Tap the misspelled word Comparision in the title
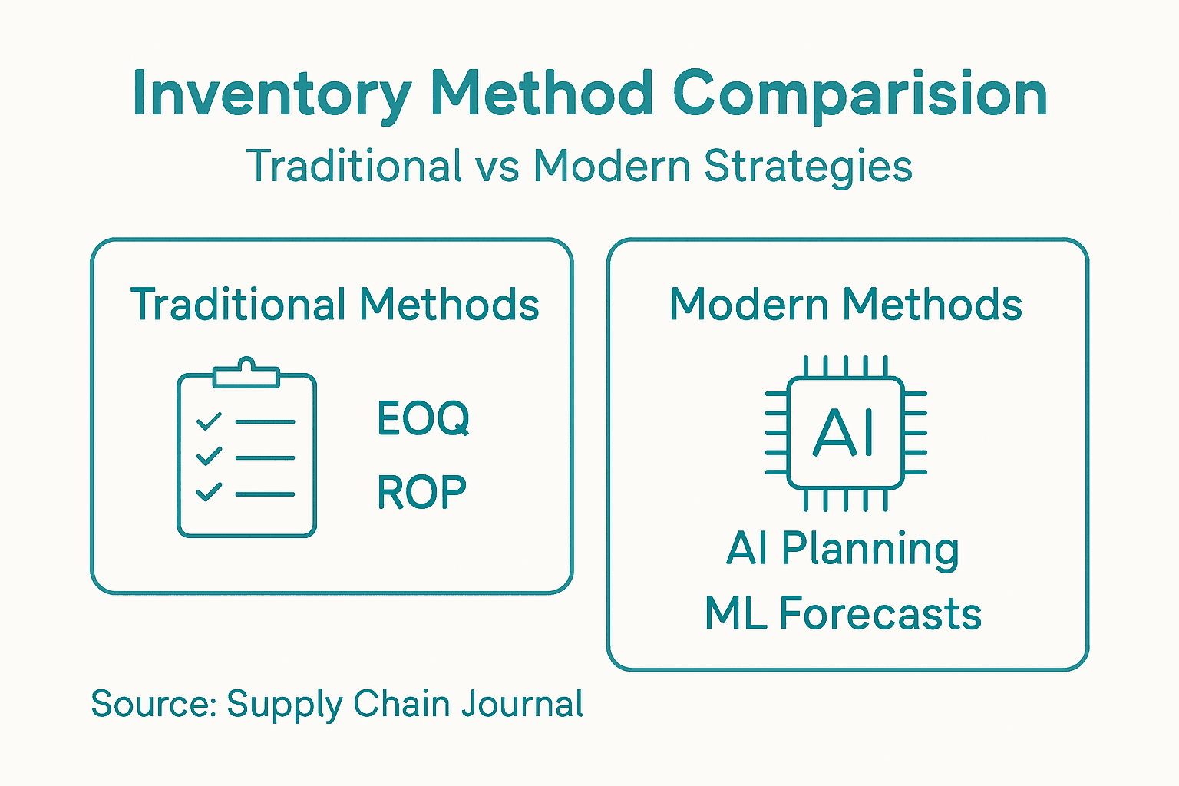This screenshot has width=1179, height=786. pos(860,94)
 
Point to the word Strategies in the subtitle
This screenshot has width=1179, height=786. pos(807,167)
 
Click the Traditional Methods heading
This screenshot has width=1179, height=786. pos(335,304)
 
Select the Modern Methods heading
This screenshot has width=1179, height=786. pos(845,304)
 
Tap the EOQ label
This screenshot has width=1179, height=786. pos(423,419)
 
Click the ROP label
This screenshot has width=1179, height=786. pos(421,493)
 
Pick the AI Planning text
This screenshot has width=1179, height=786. pos(842,550)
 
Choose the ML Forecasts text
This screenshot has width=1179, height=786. pos(843,614)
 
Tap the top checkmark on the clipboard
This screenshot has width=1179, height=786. pos(209,421)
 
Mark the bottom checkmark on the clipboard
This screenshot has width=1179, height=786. pos(209,492)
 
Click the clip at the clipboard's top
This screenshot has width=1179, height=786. pos(246,373)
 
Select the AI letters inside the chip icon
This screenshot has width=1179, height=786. pos(844,433)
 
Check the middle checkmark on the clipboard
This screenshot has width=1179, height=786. pos(209,457)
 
